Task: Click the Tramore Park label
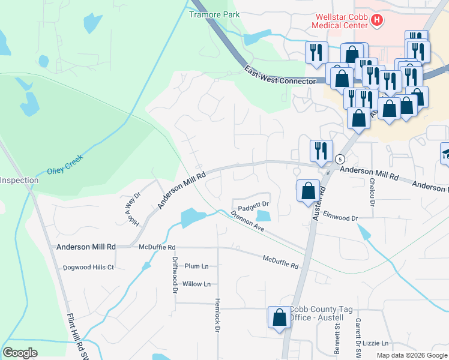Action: (214, 14)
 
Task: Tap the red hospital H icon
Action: (377, 21)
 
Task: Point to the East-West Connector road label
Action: (280, 76)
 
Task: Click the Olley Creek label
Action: (65, 164)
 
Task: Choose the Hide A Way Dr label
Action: (133, 209)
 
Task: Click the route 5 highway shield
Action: (340, 159)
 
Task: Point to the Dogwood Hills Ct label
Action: (88, 267)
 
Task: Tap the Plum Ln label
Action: (196, 266)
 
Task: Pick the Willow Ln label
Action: (196, 284)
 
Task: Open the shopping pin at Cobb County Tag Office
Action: (280, 317)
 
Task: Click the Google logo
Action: (20, 353)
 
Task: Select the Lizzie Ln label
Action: (376, 343)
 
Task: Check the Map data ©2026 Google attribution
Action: (411, 355)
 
